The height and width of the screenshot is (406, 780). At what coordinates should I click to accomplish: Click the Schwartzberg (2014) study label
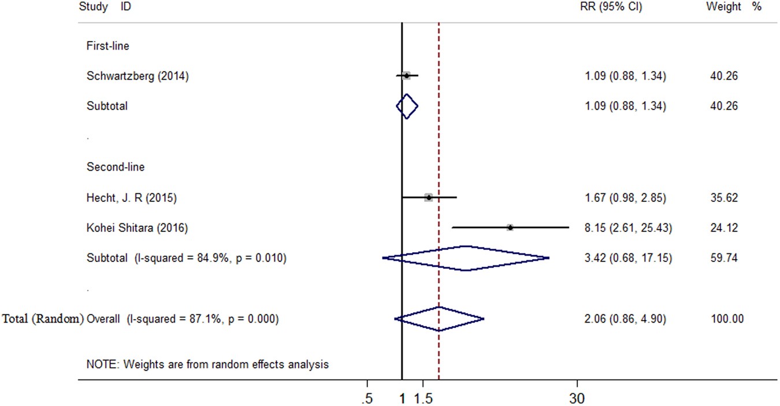pos(138,76)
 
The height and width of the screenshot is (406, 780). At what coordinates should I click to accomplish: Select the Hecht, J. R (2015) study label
pos(132,198)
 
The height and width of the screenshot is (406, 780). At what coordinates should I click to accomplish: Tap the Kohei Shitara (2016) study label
pos(137,228)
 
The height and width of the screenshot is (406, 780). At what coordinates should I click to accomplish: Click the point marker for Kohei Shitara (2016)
pos(510,228)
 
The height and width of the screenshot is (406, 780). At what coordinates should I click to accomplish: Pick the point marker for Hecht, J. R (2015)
pos(428,198)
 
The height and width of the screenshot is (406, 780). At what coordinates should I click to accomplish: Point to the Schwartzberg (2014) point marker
pos(407,75)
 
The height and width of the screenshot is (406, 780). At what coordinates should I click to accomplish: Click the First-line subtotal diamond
pos(407,106)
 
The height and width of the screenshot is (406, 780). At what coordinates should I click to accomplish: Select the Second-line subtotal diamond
pos(466,258)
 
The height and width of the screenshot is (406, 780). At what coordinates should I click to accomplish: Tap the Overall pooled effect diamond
pos(439,319)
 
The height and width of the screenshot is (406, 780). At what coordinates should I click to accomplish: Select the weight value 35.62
pos(724,198)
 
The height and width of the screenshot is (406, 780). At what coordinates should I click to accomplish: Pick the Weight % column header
pos(732,8)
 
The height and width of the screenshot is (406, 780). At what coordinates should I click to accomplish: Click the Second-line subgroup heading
pos(116,167)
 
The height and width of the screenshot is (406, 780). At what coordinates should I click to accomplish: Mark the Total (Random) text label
pos(43,319)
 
